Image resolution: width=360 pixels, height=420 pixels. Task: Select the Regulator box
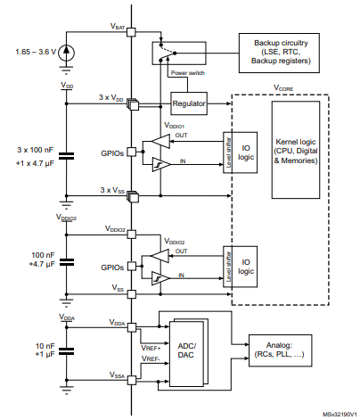pyautogui.click(x=190, y=104)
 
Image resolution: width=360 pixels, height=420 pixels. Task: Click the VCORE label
pyautogui.click(x=285, y=88)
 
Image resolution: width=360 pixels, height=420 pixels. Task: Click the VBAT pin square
pyautogui.click(x=131, y=33)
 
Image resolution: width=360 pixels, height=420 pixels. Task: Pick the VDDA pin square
pyautogui.click(x=131, y=325)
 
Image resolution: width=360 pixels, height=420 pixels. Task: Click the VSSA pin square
pyautogui.click(x=131, y=378)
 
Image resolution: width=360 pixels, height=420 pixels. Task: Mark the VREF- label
pyautogui.click(x=151, y=358)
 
